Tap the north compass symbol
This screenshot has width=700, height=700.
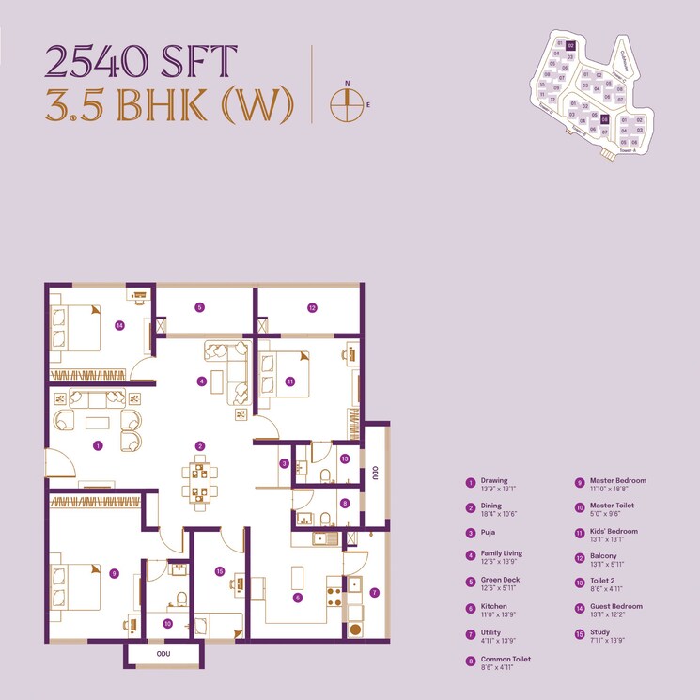click(x=348, y=104)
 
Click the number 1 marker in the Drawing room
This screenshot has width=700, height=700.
click(x=98, y=447)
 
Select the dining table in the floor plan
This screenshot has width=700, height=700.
click(x=198, y=479)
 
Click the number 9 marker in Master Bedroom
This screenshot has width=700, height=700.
click(x=114, y=573)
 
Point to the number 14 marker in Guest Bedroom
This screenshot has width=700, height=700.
click(x=119, y=326)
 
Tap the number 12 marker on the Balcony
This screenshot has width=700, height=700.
click(x=312, y=306)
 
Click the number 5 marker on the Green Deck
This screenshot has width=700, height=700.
click(x=199, y=306)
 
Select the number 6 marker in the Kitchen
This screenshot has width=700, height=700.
click(x=298, y=597)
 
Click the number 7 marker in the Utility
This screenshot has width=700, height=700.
click(x=373, y=592)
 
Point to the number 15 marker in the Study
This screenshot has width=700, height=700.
click(x=218, y=570)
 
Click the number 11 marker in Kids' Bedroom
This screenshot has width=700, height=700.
click(x=291, y=381)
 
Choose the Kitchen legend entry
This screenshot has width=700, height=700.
click(x=495, y=607)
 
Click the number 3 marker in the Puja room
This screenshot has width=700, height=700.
click(x=283, y=463)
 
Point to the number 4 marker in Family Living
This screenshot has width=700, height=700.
click(x=201, y=381)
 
